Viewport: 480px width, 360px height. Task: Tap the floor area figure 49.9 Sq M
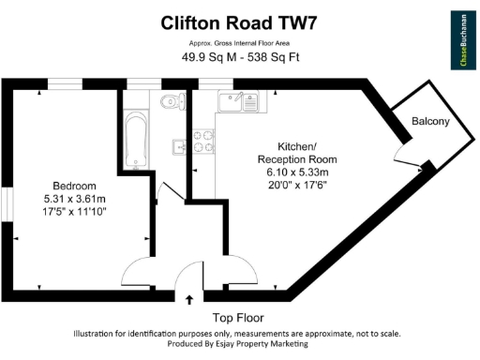tap(206, 57)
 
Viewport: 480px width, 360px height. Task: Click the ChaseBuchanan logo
tap(461, 39)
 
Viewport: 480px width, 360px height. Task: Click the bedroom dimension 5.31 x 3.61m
tap(74, 199)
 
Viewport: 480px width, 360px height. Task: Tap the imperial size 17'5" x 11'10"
tap(74, 213)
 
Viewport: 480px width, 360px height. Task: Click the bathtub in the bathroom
tap(136, 140)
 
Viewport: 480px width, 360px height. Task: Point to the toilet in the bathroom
tap(169, 102)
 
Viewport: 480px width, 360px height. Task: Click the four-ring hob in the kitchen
tap(203, 141)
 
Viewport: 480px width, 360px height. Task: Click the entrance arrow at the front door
tap(190, 300)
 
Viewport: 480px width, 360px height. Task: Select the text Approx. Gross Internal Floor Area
tap(239, 43)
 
